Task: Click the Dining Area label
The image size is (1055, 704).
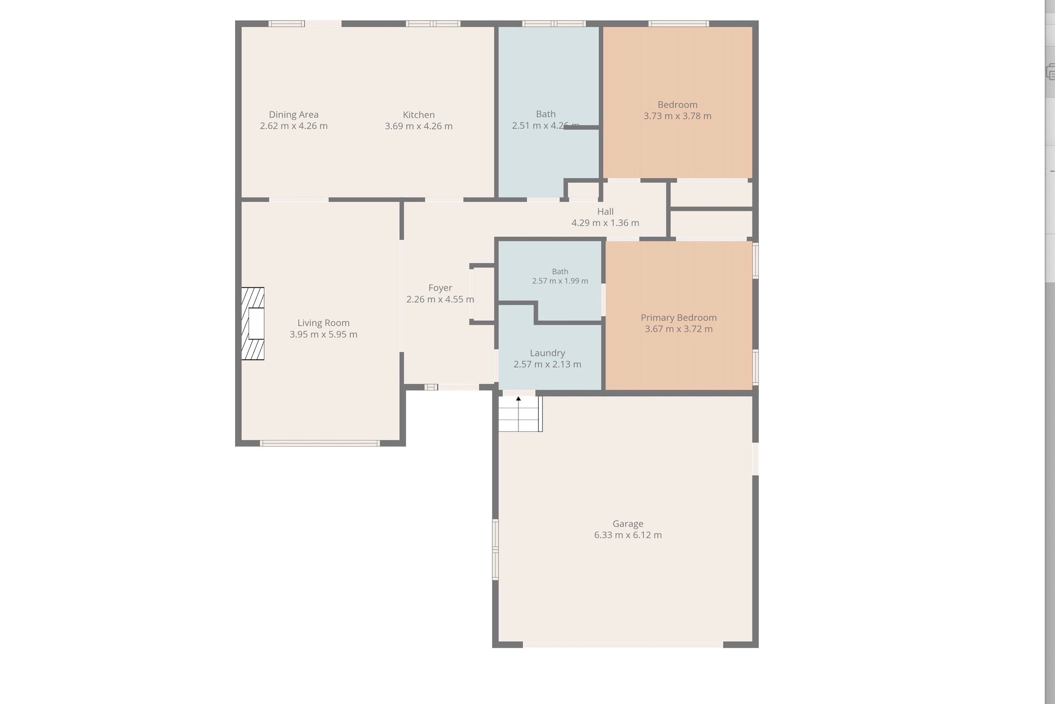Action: [294, 115]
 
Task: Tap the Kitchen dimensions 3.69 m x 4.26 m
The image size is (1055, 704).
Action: [419, 126]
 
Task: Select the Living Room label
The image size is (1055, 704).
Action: [324, 323]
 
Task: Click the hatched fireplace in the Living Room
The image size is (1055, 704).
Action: [252, 324]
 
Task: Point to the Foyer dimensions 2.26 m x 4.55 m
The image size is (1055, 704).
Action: [440, 300]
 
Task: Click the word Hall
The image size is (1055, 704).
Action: [605, 211]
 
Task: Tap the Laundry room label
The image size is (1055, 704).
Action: [547, 353]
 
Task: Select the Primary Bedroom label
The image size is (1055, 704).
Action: [679, 317]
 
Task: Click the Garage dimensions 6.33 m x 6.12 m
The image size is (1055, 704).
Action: [628, 535]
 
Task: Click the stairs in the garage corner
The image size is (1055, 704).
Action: [520, 413]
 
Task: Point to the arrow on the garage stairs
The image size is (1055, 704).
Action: [518, 399]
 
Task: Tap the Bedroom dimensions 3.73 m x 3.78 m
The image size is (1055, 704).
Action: [677, 116]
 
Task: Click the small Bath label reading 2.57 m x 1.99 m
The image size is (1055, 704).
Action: [560, 276]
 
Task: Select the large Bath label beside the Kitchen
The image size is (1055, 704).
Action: [546, 120]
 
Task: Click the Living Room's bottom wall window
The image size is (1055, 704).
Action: [320, 443]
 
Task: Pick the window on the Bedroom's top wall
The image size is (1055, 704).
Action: [679, 23]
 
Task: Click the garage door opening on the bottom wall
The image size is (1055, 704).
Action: [623, 644]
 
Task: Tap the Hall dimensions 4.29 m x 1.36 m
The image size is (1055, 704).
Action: [605, 223]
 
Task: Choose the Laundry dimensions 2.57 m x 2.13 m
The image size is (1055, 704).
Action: [547, 364]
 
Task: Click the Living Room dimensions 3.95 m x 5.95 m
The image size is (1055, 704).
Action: [324, 335]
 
